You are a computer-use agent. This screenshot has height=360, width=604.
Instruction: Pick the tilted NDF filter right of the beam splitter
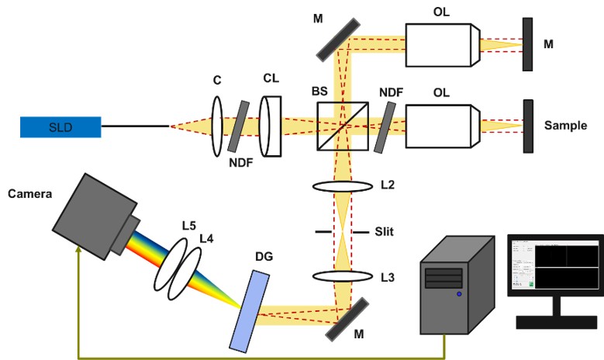383,127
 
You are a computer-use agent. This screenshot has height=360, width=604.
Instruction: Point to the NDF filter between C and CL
237,126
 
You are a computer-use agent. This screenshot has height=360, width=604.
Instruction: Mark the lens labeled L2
341,186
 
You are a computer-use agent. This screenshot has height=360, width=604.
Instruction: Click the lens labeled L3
341,275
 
